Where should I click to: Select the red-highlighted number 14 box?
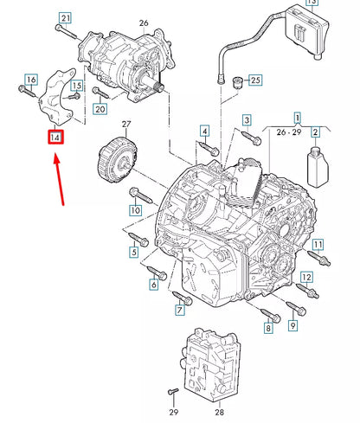(x=55, y=137)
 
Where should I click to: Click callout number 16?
(x=32, y=80)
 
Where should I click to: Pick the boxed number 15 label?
(x=77, y=86)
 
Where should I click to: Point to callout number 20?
(x=100, y=109)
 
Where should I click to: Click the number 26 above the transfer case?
(x=144, y=22)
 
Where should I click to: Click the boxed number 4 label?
(x=205, y=131)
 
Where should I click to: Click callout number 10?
(x=135, y=210)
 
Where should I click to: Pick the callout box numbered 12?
(x=305, y=278)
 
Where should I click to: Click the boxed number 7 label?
(x=182, y=310)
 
